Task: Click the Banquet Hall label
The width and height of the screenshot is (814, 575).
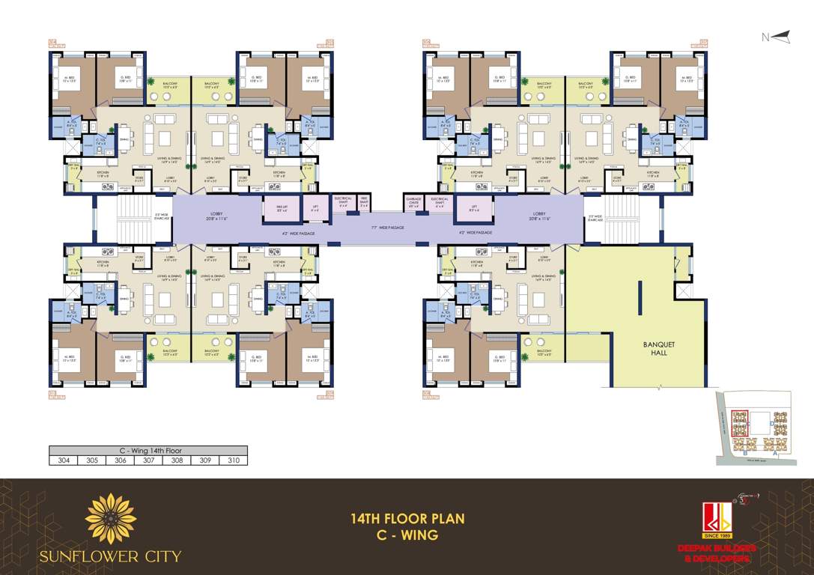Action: (659, 348)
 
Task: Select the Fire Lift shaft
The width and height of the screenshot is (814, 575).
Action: (281, 210)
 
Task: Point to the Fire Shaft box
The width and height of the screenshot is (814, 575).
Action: (364, 202)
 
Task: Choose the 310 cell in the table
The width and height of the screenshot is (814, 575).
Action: (234, 461)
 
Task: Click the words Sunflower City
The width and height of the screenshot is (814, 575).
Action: (111, 556)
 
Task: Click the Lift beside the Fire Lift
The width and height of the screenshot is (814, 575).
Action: (315, 210)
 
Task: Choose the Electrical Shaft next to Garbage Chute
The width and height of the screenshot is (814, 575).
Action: (440, 202)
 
